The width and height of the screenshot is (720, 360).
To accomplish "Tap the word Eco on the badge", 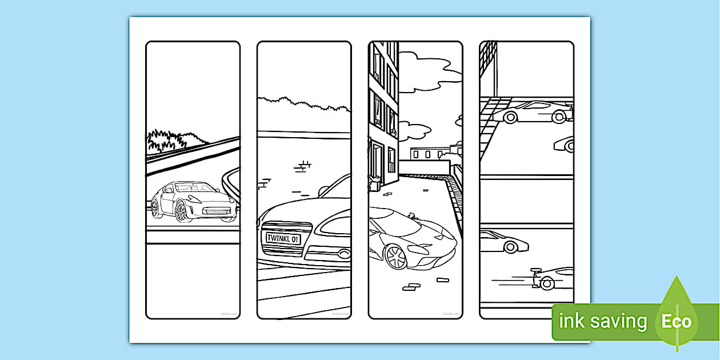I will click(x=677, y=321).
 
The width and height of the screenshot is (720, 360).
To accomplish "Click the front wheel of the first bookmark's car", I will click(x=181, y=212).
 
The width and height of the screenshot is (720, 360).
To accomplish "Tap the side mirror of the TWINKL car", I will click(x=325, y=189).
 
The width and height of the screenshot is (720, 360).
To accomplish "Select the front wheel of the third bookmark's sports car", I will click(x=394, y=257).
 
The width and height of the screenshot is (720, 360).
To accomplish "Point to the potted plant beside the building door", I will click(x=375, y=182).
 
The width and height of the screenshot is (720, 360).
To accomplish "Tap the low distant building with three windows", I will click(x=429, y=153).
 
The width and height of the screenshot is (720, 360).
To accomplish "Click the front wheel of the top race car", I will click(x=559, y=117).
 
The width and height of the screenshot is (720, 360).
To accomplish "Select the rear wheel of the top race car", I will click(x=509, y=117).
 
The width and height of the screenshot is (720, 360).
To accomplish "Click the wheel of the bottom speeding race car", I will click(x=547, y=282).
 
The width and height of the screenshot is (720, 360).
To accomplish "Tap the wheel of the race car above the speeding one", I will click(x=510, y=247).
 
